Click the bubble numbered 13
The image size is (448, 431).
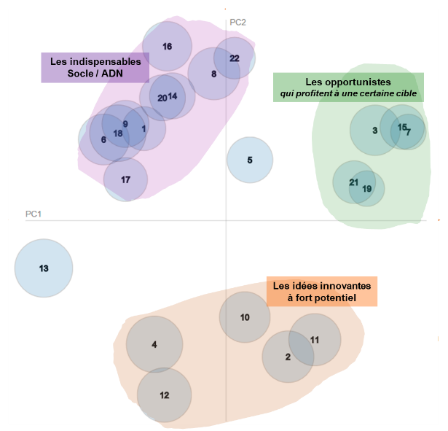point(44,268)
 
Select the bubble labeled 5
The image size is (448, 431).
point(250,160)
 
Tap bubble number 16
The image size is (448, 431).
point(167,47)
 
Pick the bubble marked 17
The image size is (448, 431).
point(125,179)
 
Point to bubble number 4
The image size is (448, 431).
point(154,344)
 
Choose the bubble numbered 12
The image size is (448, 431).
point(164,395)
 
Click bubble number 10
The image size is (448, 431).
point(245,317)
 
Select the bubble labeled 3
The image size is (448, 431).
point(374,131)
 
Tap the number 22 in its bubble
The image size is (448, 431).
point(234,58)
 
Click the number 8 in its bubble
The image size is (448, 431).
point(213,74)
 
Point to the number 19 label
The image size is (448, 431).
point(367,189)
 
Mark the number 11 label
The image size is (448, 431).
point(315,340)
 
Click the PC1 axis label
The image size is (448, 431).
point(34,214)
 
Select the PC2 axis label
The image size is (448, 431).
point(238,23)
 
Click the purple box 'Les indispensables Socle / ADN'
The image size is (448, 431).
point(95,68)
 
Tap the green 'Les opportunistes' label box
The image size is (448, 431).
point(348,88)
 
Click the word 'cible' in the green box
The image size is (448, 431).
point(404,94)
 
